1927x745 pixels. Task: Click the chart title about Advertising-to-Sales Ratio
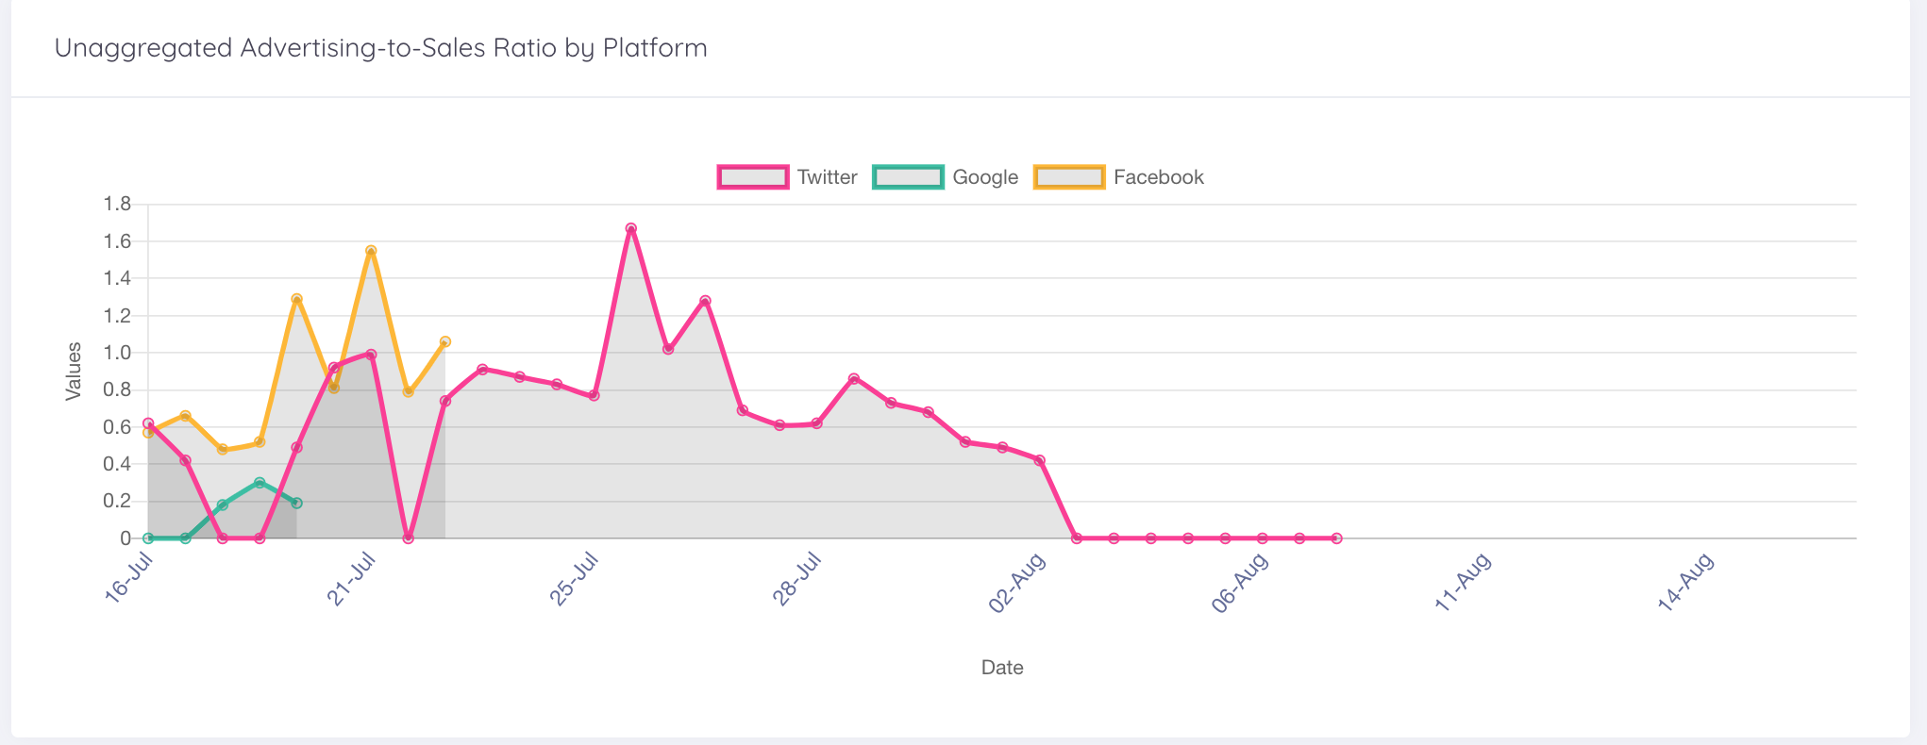click(x=380, y=48)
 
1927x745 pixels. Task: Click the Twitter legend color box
click(x=752, y=177)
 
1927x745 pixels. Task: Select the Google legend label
click(x=984, y=177)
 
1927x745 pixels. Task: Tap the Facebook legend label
click(x=1158, y=177)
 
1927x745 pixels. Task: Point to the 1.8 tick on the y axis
click(x=117, y=204)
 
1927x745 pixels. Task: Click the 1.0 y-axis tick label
click(x=117, y=353)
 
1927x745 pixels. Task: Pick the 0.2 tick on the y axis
click(x=117, y=501)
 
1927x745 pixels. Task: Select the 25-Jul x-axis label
click(x=575, y=578)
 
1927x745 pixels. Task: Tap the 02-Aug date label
click(x=1018, y=582)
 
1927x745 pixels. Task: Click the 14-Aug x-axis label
click(x=1686, y=582)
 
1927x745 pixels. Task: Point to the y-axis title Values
click(x=74, y=372)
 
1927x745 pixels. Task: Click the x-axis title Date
click(x=1002, y=668)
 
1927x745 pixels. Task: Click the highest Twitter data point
click(x=631, y=229)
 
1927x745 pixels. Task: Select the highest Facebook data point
click(x=371, y=251)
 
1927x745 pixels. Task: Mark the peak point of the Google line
click(x=260, y=483)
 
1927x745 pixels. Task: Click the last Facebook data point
click(x=445, y=341)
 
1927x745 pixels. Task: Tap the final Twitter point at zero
click(x=1336, y=538)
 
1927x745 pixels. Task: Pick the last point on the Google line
click(x=296, y=504)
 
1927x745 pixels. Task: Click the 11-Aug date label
click(x=1464, y=582)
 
